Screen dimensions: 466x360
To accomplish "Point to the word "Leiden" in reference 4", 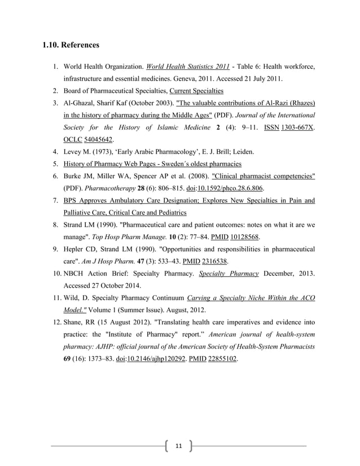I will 242,151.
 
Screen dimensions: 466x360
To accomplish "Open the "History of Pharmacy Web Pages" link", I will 152,164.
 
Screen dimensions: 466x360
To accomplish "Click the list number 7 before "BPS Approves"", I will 56,200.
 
